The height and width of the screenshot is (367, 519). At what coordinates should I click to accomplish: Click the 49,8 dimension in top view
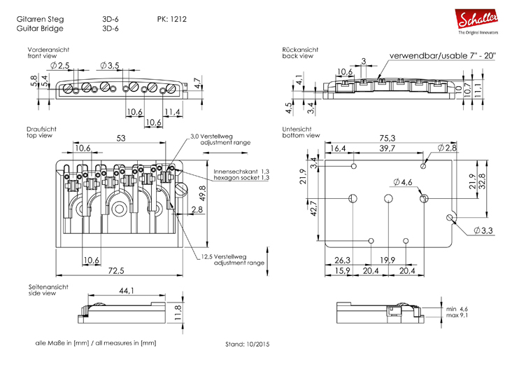pyautogui.click(x=203, y=191)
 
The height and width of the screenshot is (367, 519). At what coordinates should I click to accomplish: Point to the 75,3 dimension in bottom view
pyautogui.click(x=388, y=138)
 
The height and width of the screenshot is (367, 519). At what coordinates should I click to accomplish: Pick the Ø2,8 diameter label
pyautogui.click(x=448, y=148)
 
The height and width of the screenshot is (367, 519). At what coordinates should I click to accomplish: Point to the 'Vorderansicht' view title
pyautogui.click(x=48, y=50)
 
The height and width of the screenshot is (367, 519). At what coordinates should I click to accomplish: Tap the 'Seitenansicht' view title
pyautogui.click(x=48, y=287)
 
